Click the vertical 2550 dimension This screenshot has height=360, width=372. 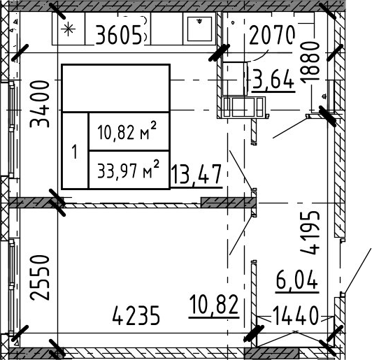pyautogui.click(x=41, y=278)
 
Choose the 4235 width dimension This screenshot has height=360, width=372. pyautogui.click(x=136, y=316)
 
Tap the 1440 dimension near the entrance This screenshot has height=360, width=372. pyautogui.click(x=294, y=315)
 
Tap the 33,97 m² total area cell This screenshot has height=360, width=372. pyautogui.click(x=129, y=170)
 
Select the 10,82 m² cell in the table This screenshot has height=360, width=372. pyautogui.click(x=129, y=131)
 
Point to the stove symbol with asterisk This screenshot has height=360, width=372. pyautogui.click(x=69, y=29)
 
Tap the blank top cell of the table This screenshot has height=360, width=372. pyautogui.click(x=116, y=89)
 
